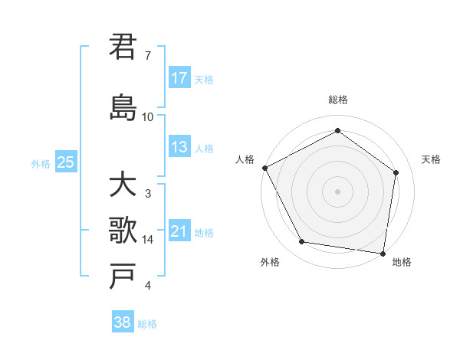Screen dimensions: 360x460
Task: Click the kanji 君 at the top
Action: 123,47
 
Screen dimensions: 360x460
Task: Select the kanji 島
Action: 123,106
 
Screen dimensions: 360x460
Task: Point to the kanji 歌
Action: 123,230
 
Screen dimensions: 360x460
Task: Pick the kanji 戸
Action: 123,276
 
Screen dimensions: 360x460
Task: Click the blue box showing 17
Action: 179,78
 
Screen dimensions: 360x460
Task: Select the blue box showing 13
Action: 179,147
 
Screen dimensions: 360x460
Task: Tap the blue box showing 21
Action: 179,231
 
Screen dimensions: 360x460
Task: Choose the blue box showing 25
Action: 65,162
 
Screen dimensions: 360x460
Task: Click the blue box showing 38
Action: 122,322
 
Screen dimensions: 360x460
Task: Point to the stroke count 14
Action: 149,240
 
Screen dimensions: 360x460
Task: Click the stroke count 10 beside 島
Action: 148,117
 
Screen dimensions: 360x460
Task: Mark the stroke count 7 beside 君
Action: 148,56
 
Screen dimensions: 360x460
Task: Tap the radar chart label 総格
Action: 337,100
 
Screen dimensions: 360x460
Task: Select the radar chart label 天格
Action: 432,159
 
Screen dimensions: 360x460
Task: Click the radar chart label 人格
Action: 245,159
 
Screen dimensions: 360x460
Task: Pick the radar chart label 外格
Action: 270,263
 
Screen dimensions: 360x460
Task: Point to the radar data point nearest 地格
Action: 383,253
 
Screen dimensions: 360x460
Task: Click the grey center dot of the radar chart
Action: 337,191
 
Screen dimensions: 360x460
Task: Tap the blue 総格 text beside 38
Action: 147,324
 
